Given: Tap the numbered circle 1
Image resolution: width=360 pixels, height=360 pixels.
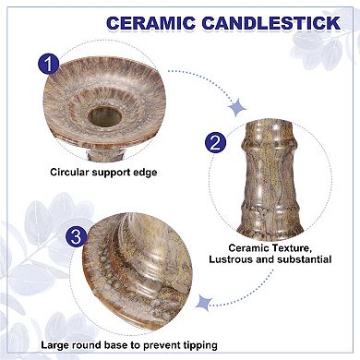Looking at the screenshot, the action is (51, 65).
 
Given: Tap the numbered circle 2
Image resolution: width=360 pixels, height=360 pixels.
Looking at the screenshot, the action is (214, 141).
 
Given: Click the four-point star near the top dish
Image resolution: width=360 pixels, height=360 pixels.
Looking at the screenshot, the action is (237, 108).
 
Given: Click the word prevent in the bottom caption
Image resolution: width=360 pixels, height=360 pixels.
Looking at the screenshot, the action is (162, 346).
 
